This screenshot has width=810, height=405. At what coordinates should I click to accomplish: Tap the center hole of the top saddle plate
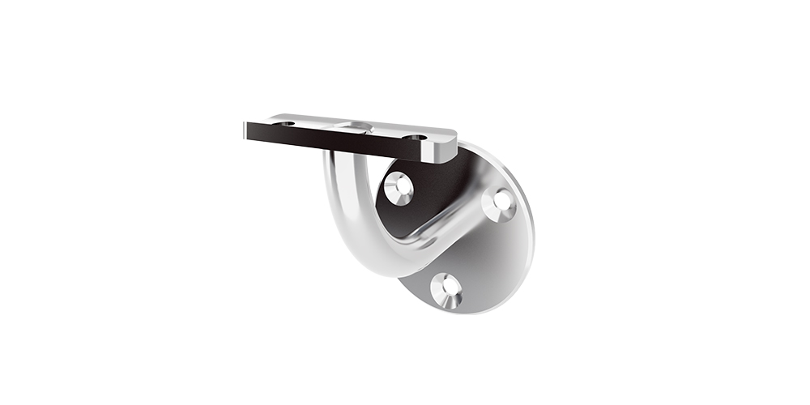[x=353, y=127]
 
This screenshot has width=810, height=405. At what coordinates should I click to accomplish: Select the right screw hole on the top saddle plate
[x=416, y=138]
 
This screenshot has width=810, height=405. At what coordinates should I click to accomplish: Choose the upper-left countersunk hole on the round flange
[x=399, y=188]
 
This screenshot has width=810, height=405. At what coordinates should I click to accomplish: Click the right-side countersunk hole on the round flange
[x=500, y=203]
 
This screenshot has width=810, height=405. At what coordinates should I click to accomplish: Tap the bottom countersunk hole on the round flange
[x=446, y=290]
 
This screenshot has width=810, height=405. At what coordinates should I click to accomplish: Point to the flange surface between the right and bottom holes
[x=486, y=259]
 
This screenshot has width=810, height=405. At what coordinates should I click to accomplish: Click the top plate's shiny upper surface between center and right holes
[x=387, y=131]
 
